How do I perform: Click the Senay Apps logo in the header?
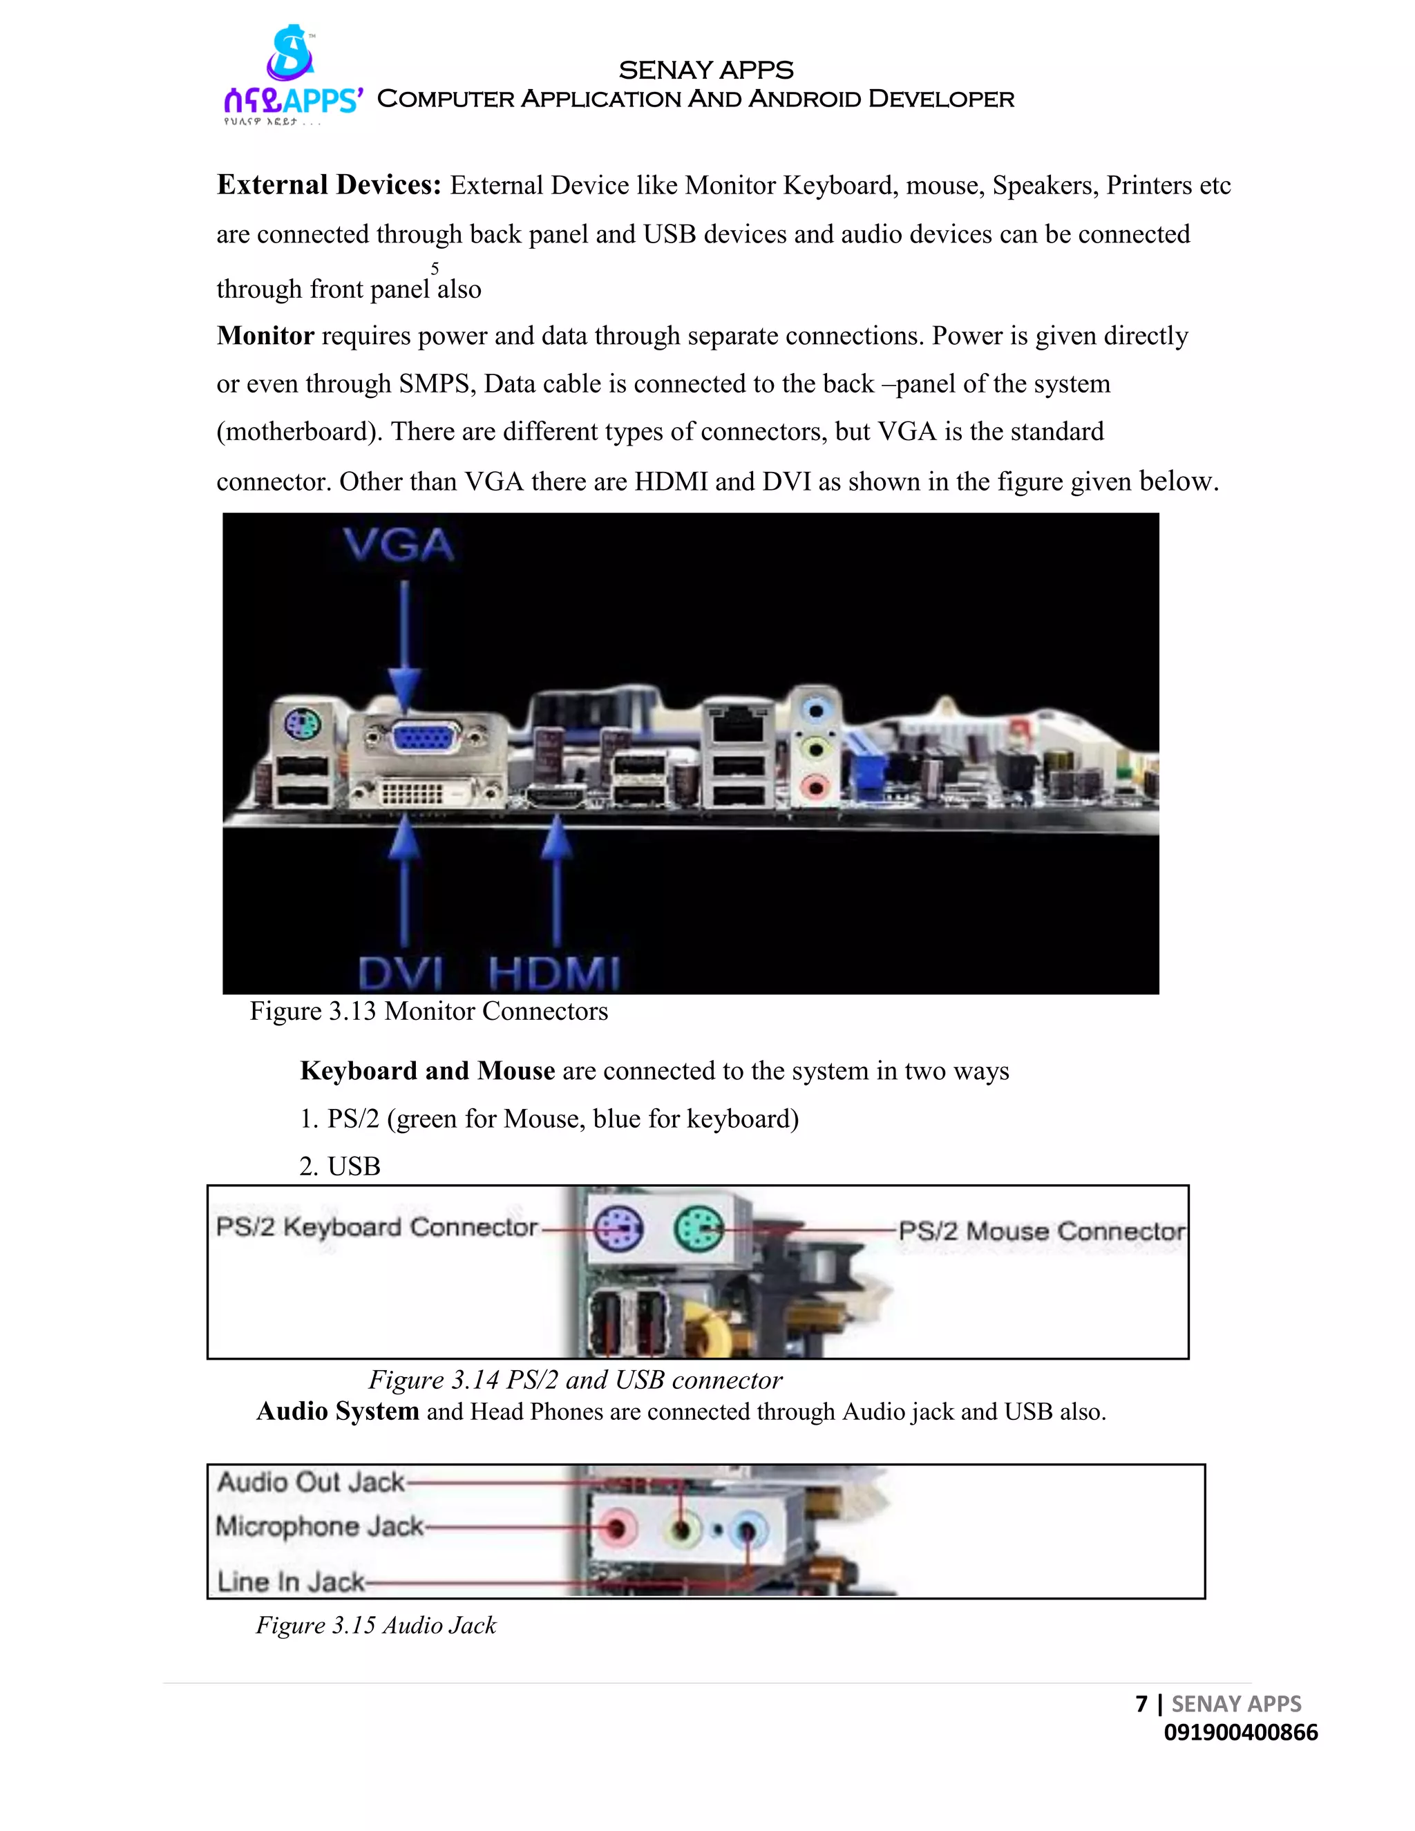point(291,75)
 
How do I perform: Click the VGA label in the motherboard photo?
point(399,545)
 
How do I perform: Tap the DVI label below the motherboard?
point(400,974)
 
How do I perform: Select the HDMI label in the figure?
point(554,974)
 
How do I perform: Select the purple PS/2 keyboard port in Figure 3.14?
point(618,1229)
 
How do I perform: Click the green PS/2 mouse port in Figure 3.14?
point(699,1229)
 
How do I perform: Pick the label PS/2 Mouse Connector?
point(1041,1231)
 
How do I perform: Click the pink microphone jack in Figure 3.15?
point(616,1528)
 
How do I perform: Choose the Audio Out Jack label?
point(310,1482)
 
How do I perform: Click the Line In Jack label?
point(291,1581)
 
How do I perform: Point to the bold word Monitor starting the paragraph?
point(265,335)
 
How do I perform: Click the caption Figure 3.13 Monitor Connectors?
point(428,1011)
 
